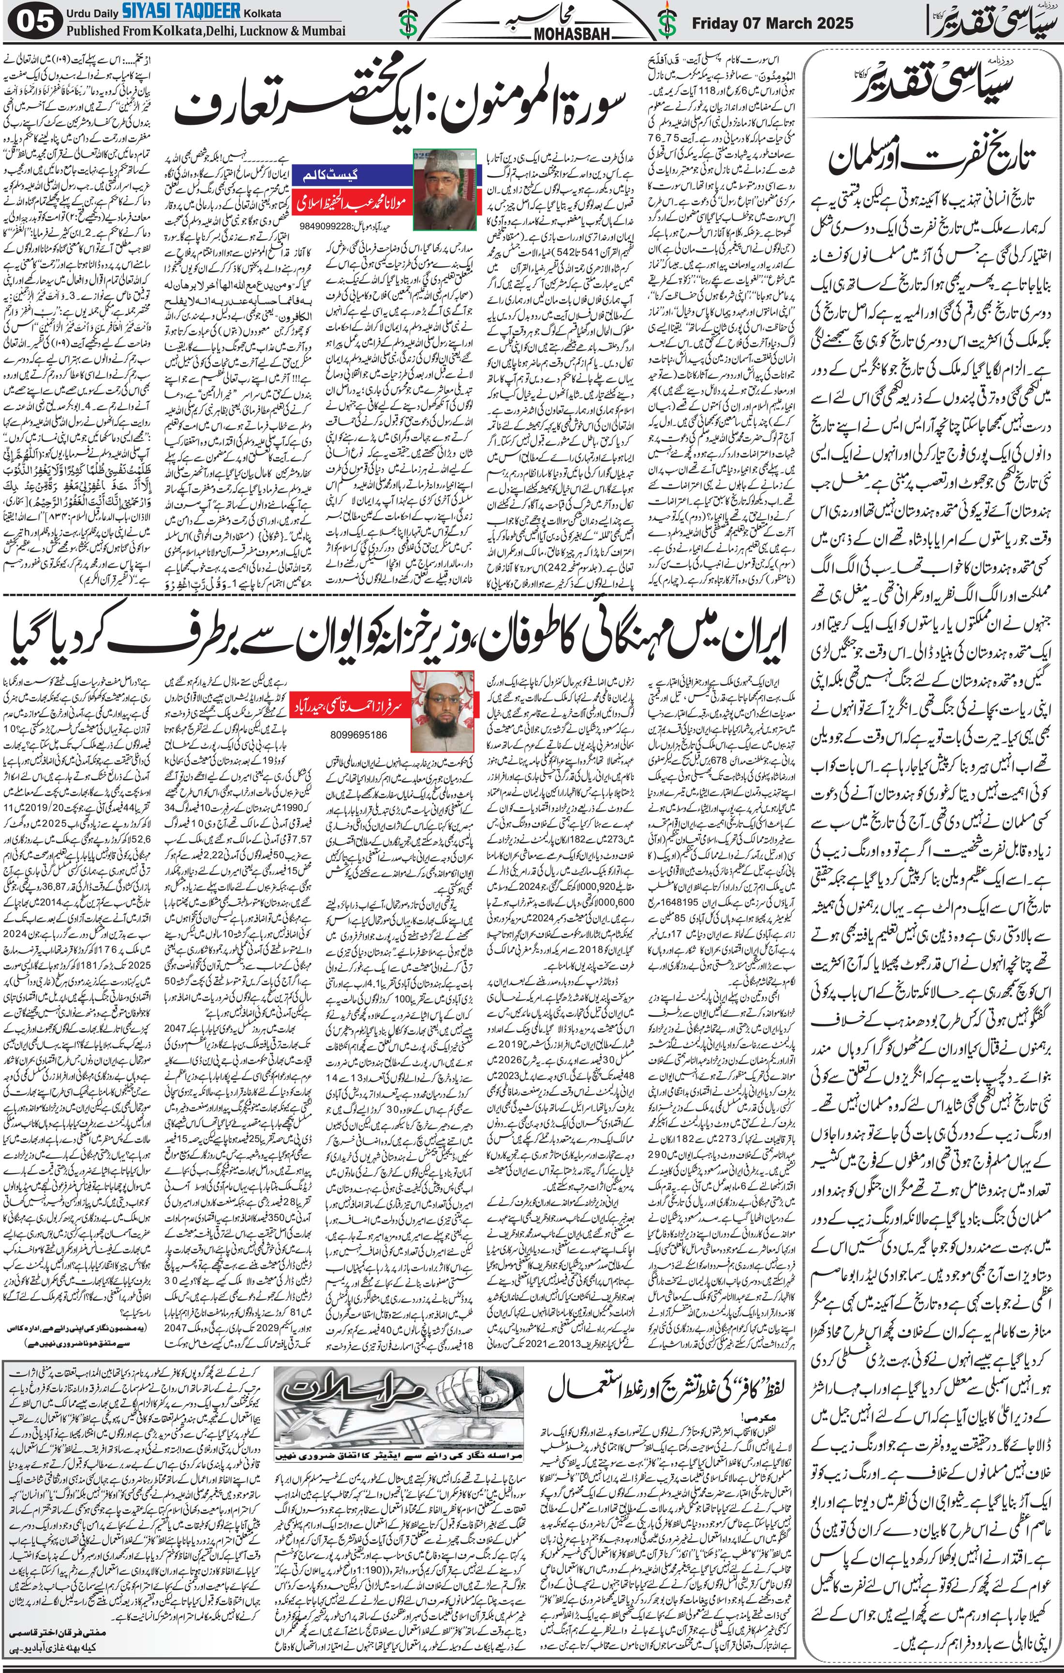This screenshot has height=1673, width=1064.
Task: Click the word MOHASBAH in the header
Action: pos(532,32)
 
